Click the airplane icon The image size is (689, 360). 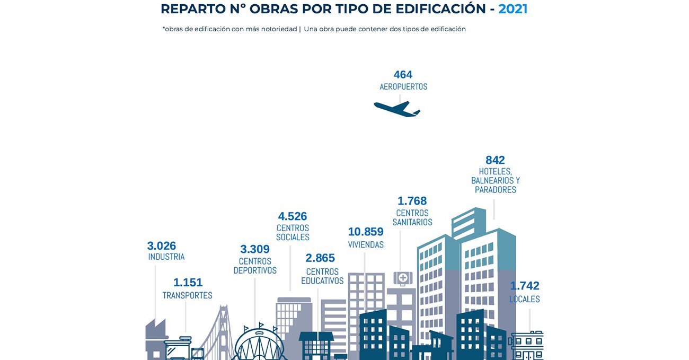point(396,108)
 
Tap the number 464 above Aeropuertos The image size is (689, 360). point(403,75)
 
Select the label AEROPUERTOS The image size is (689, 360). point(403,86)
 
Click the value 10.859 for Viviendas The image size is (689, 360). point(366,232)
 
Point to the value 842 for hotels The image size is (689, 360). point(495,160)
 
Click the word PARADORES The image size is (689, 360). point(496,189)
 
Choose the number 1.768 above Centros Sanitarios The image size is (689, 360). point(412,201)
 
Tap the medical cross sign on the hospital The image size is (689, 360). point(403,277)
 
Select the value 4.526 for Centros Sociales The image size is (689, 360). point(293,216)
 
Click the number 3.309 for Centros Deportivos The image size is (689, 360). point(255,249)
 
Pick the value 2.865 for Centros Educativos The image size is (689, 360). point(320,258)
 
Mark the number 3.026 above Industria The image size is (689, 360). point(162,246)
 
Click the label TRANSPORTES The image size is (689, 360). point(187,295)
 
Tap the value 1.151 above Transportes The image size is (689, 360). point(188,283)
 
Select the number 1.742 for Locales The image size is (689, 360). point(525,286)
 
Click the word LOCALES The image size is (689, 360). point(525,299)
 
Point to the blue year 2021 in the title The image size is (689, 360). point(513,9)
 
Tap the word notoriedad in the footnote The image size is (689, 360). point(279,29)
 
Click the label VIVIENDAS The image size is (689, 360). point(366,245)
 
